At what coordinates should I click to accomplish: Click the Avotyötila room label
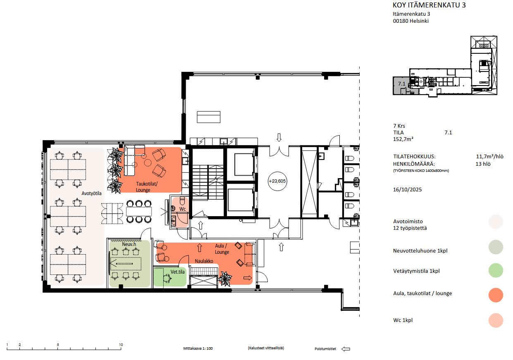91,193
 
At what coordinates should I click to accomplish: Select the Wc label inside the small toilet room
183,209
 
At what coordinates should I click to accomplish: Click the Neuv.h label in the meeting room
129,244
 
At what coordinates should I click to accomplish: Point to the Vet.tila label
177,272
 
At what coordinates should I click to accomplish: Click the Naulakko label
204,261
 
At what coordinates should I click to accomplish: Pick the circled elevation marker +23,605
277,181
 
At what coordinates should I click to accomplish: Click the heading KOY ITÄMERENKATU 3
429,5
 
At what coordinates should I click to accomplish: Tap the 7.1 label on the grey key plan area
401,84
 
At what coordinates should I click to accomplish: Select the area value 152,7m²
403,139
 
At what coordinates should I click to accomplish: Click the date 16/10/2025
407,190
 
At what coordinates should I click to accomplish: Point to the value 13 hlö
483,164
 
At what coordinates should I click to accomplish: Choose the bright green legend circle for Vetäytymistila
496,270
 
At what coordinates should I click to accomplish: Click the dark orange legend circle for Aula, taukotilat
496,295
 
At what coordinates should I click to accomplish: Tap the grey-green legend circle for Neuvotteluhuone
496,247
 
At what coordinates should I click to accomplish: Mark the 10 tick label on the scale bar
121,345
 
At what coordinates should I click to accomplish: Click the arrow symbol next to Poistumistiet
346,349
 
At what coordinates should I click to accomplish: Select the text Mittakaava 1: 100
198,348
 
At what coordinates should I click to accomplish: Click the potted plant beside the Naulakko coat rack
225,279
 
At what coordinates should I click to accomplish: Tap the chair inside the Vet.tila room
167,279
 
